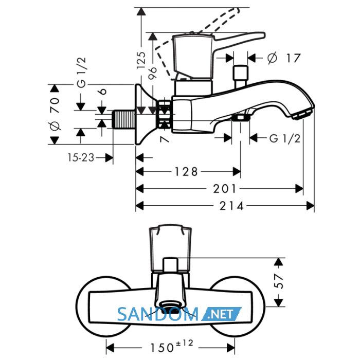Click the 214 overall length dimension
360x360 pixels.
231,206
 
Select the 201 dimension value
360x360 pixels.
225,189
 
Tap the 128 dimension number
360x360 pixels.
186,171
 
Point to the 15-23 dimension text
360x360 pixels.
81,158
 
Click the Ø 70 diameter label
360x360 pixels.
55,114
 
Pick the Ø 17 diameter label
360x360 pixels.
284,58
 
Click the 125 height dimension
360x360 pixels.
141,60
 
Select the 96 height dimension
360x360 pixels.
152,73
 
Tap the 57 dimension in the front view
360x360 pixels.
279,281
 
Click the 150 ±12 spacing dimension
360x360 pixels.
172,346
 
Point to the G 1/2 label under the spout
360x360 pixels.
285,138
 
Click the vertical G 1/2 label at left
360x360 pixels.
81,73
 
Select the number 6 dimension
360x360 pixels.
103,92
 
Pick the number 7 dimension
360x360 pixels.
165,139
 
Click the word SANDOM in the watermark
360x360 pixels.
158,314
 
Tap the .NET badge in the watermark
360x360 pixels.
221,314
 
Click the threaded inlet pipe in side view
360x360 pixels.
123,119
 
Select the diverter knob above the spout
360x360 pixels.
240,77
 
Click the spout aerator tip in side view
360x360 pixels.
302,114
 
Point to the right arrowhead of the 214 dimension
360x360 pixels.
311,206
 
